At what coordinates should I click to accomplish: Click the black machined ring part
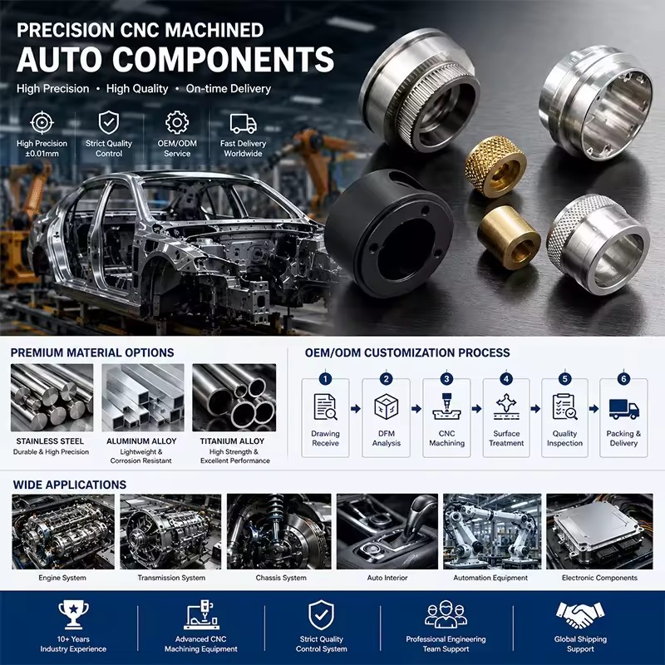[388, 234]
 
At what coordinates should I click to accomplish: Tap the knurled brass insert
[495, 166]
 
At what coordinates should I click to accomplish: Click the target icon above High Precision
[42, 122]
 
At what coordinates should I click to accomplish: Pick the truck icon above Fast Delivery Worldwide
[243, 123]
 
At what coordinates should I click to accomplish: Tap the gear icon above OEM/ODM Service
[177, 122]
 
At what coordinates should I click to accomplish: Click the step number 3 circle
[446, 378]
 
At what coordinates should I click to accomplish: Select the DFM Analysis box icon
[386, 406]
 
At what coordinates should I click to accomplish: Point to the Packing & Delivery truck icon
[624, 408]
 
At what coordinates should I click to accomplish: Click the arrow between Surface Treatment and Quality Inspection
[535, 408]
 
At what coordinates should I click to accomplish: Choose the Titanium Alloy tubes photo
[234, 397]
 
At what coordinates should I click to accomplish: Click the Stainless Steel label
[50, 441]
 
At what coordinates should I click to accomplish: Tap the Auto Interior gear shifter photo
[387, 531]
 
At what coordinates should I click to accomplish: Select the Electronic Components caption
[599, 578]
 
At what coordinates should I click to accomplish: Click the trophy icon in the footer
[73, 614]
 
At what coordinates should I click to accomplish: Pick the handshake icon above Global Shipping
[580, 614]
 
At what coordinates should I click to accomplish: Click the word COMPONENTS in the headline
[223, 59]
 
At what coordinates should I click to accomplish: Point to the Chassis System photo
[279, 531]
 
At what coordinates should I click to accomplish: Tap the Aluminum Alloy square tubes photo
[143, 397]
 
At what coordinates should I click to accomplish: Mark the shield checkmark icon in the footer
[321, 615]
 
